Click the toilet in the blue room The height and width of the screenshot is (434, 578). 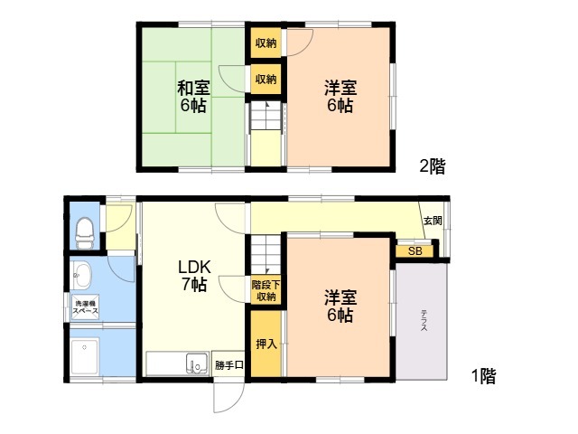[x=85, y=233]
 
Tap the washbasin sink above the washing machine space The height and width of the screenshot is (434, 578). [x=81, y=275]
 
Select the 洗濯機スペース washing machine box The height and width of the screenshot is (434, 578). [x=85, y=307]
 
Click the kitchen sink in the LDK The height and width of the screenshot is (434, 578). [x=197, y=363]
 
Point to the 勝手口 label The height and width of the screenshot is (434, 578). [x=228, y=365]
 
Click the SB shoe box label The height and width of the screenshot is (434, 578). [x=415, y=251]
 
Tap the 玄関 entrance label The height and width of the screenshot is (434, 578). [x=433, y=221]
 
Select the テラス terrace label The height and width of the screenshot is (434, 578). [x=424, y=320]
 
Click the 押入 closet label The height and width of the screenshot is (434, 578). [x=266, y=344]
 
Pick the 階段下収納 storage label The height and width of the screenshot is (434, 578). [x=266, y=290]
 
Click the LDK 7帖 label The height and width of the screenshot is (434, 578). [x=194, y=275]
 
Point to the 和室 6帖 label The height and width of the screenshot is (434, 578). [x=193, y=97]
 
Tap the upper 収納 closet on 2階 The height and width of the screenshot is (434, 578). [x=266, y=43]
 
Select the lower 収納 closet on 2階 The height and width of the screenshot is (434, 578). [x=266, y=79]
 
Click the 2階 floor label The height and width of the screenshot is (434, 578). [x=433, y=166]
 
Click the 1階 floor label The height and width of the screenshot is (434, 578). [x=484, y=376]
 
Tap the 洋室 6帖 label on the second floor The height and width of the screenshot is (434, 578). [x=340, y=97]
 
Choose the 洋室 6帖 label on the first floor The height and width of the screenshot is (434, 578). [x=340, y=307]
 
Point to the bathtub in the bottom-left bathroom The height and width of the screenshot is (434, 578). [x=85, y=356]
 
